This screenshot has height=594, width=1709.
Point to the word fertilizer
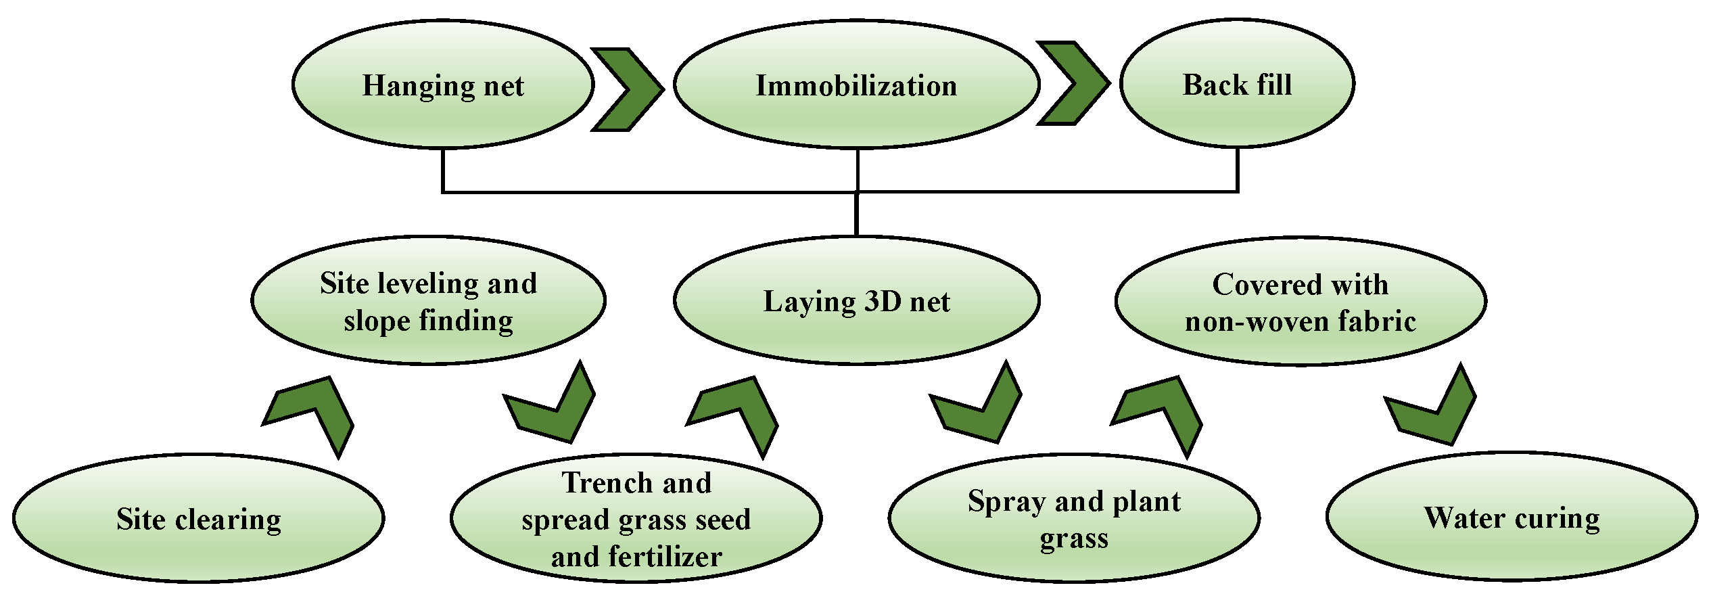click(x=664, y=557)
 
